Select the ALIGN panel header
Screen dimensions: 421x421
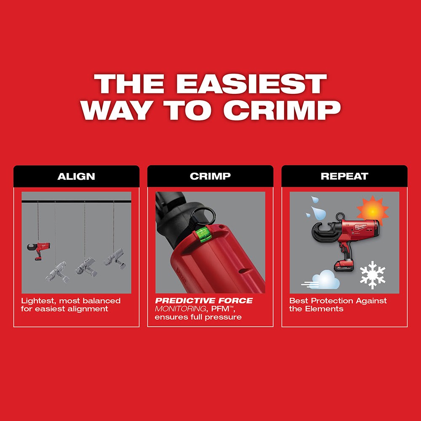[x=76, y=176]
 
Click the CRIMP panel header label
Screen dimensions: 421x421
[x=210, y=176]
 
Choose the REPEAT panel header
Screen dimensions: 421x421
[x=344, y=176]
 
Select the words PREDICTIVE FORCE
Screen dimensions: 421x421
[x=204, y=301]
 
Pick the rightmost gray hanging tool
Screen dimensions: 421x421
[x=112, y=257]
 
